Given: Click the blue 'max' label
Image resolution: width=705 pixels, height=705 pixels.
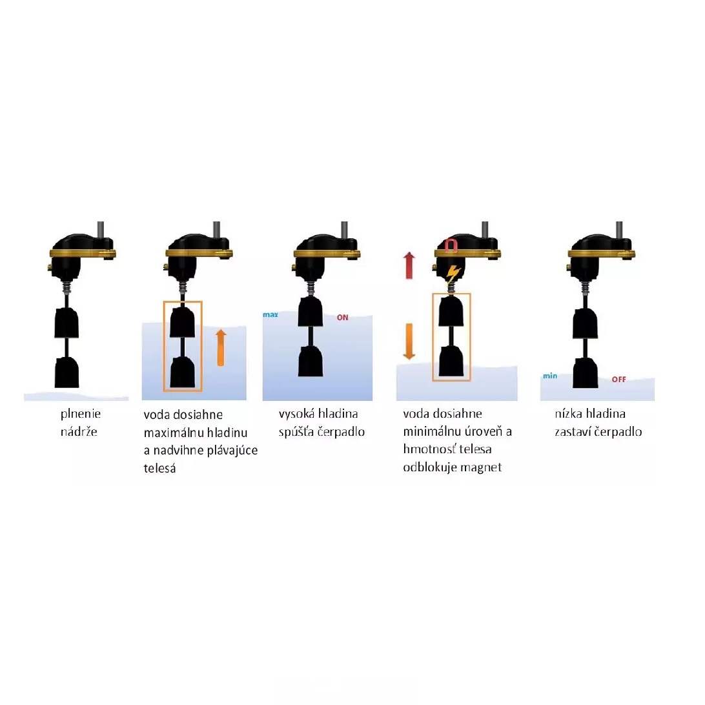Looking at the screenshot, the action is [271, 315].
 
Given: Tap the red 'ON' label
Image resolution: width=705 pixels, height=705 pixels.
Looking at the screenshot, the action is [343, 318].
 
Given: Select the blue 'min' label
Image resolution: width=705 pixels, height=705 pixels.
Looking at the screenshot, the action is [550, 376].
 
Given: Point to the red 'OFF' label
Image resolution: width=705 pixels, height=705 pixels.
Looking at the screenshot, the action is [618, 380].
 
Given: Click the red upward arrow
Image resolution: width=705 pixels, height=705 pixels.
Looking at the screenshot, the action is [409, 265].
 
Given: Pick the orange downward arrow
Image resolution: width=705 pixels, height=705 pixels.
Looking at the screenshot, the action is [409, 342].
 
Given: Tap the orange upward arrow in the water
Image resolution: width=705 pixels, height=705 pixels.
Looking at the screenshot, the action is [220, 347].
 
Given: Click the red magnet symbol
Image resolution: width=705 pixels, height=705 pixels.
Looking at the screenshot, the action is [451, 246].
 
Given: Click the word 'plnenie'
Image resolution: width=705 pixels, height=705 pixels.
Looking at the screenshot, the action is [81, 414].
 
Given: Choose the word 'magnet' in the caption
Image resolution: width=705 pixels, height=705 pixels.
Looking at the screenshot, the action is [480, 467].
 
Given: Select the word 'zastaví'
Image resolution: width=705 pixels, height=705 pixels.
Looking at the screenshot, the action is [573, 432].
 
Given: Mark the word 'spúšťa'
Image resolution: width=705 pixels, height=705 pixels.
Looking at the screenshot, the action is [296, 432].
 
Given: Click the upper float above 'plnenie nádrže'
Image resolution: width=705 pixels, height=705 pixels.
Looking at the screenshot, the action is [66, 323].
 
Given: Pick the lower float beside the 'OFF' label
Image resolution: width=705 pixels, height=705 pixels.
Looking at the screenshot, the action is [586, 373].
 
